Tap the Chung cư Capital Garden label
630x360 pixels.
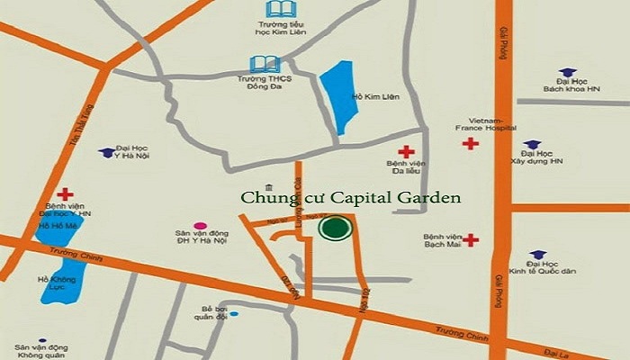351,197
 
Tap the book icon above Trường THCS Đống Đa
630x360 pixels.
265,65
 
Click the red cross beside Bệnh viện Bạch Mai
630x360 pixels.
471,240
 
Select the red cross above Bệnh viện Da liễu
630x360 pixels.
407,152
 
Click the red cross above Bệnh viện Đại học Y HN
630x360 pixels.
65,193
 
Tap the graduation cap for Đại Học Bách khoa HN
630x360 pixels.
566,72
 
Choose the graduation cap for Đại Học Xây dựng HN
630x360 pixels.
532,144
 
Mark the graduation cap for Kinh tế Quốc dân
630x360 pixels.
538,255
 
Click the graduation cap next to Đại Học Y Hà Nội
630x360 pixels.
107,153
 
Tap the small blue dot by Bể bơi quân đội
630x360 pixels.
234,314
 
